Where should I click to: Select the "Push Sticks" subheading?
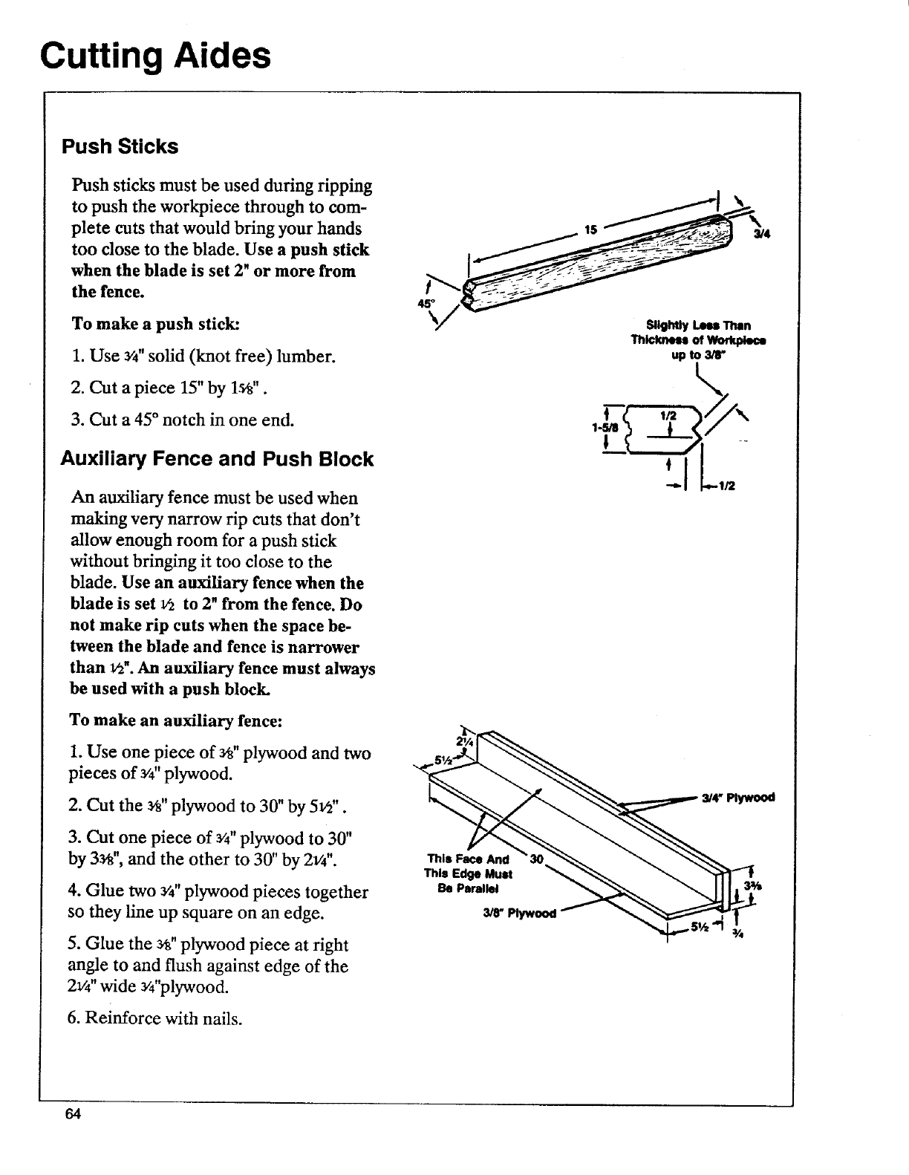[120, 146]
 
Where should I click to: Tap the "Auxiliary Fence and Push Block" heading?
[217, 459]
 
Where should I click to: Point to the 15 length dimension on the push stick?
[591, 230]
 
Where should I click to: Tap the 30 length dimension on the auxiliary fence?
[540, 858]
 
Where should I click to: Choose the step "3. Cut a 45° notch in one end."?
[183, 420]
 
